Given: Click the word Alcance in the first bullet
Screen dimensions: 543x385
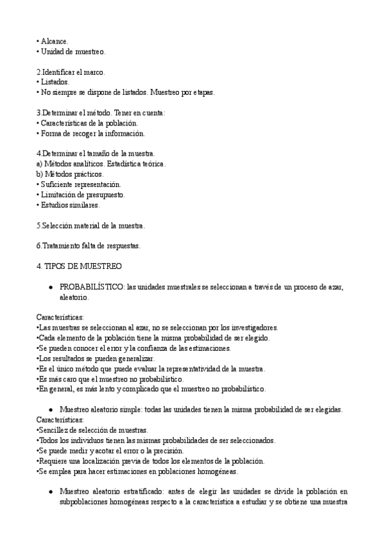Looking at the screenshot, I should click(53, 41).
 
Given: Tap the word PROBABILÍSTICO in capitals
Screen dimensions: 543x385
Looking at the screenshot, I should click(92, 288).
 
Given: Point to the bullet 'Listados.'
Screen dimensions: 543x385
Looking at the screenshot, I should click(55, 82).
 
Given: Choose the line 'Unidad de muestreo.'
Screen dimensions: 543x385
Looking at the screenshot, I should click(73, 51).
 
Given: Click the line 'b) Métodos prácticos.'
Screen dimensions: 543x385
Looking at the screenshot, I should click(70, 174).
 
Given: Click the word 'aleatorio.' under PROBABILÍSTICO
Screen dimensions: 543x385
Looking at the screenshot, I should click(74, 298).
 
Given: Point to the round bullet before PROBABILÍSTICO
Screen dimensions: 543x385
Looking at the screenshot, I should click(50, 288).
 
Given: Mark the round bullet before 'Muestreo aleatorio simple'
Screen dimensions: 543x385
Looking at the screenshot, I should click(50, 409).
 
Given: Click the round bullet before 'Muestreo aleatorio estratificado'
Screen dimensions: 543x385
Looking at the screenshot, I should click(50, 491).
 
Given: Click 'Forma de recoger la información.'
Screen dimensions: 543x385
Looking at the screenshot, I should click(92, 133).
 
